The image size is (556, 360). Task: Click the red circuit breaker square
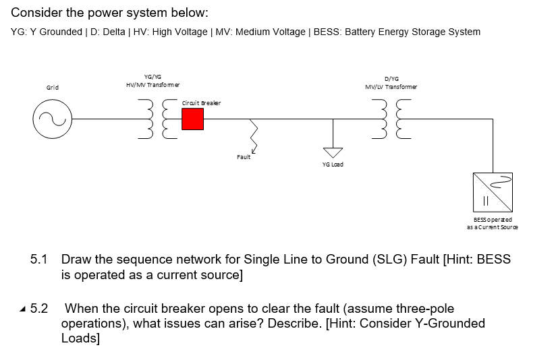click(x=192, y=119)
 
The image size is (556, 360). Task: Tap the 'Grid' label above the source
click(x=52, y=88)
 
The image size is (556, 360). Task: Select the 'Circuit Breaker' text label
click(x=201, y=102)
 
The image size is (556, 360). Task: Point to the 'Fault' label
click(x=244, y=157)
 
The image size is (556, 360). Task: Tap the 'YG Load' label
click(x=333, y=165)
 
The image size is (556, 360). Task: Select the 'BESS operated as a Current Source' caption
click(x=493, y=223)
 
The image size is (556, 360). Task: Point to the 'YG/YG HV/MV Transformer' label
click(x=152, y=81)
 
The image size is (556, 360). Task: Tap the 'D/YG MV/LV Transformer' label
click(x=391, y=82)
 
